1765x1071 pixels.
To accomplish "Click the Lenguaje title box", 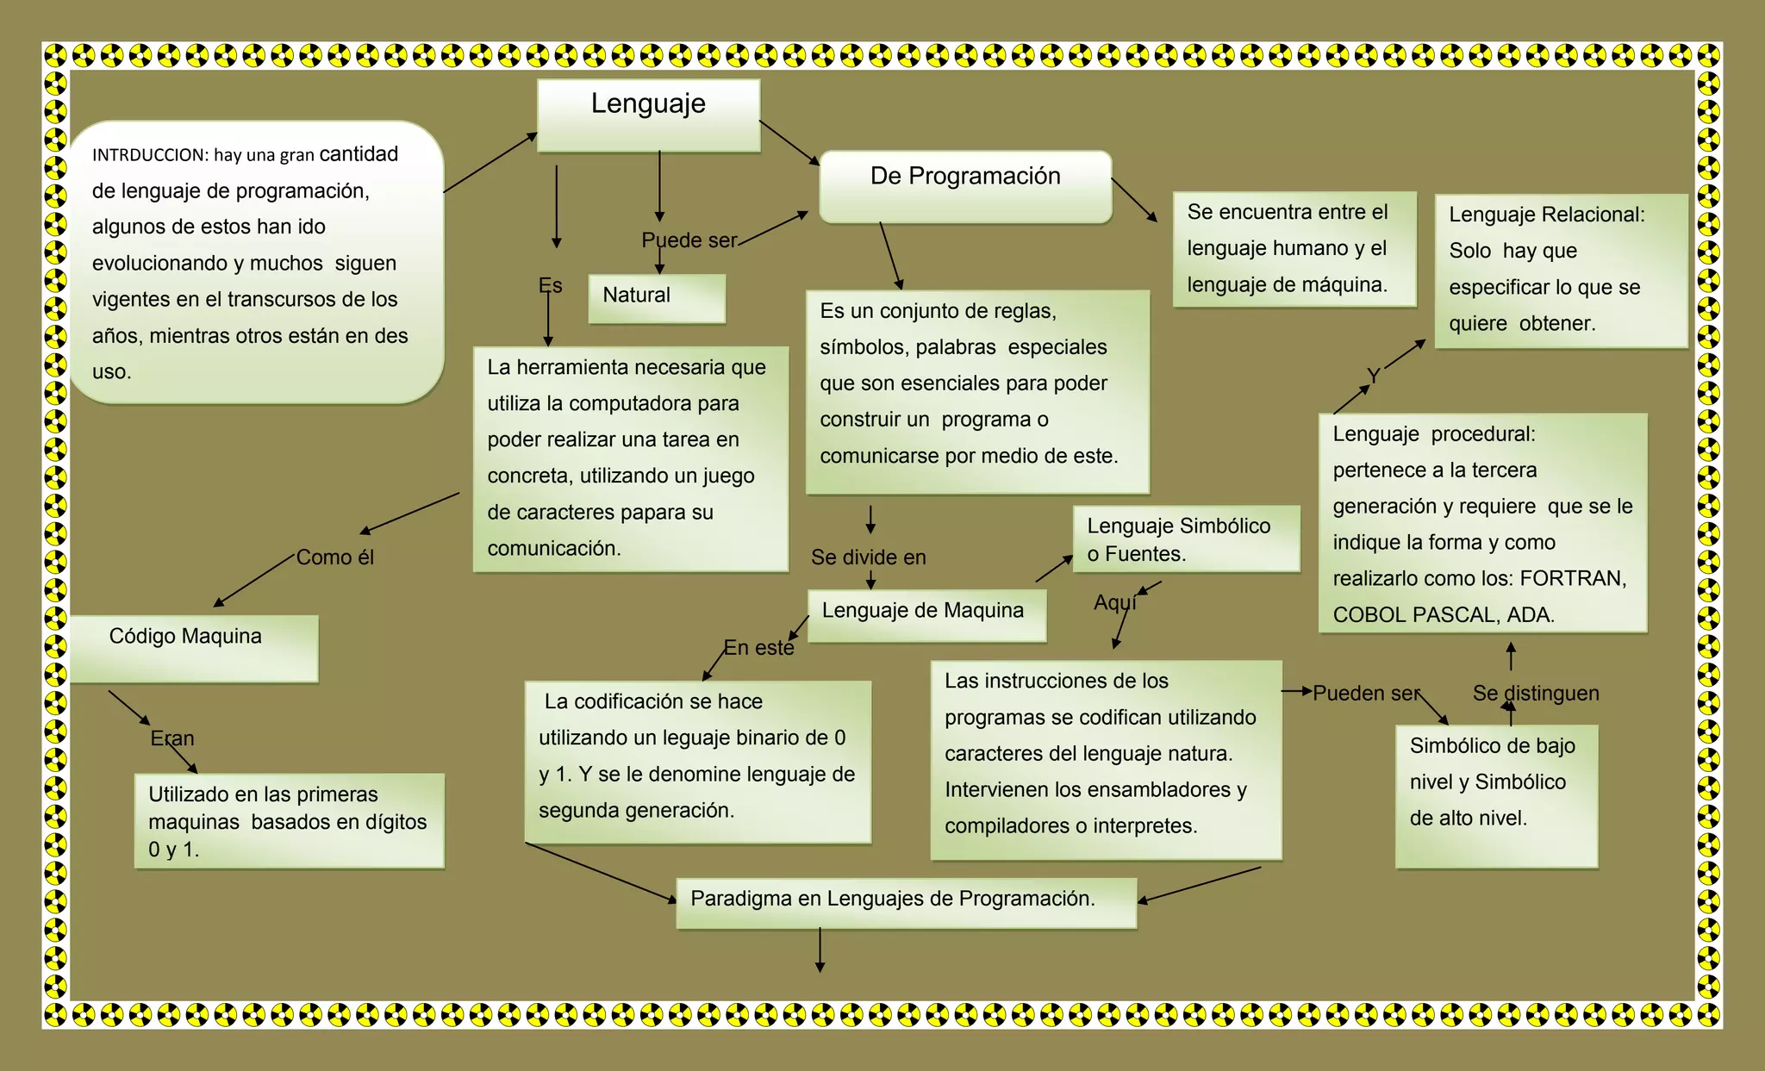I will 648,115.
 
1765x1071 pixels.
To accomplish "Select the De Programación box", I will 965,186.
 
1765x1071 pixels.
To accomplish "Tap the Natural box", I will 657,297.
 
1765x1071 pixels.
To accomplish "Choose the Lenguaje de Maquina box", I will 926,614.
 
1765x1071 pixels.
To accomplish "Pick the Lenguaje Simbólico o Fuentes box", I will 1186,539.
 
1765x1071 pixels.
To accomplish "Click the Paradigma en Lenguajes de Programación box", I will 906,902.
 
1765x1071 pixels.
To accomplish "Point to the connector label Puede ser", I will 689,240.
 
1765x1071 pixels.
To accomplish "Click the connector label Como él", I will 335,557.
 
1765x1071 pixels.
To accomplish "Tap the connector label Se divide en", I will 868,557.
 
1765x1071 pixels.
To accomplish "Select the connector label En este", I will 758,648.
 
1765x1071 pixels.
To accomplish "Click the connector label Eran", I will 172,738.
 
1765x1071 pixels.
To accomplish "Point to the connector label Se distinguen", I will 1536,693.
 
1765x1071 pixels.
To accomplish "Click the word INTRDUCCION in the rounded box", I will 150,155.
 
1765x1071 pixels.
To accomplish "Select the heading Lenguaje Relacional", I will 1546,215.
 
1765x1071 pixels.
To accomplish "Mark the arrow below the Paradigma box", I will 820,950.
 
